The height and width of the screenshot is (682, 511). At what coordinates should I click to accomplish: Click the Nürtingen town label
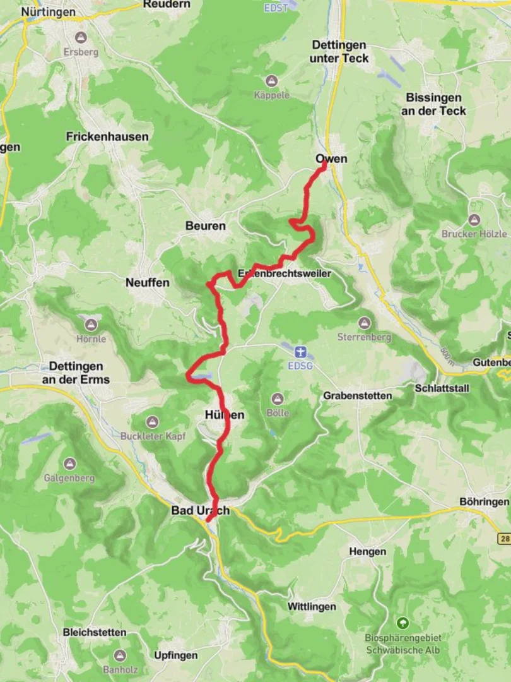pyautogui.click(x=48, y=12)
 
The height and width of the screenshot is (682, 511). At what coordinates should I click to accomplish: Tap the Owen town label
pyautogui.click(x=331, y=159)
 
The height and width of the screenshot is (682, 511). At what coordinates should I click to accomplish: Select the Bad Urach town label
pyautogui.click(x=200, y=510)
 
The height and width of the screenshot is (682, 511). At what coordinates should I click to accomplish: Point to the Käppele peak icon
pyautogui.click(x=273, y=81)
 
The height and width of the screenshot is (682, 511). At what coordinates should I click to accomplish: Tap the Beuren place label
pyautogui.click(x=205, y=225)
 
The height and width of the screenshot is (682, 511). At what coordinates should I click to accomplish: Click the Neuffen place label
pyautogui.click(x=147, y=282)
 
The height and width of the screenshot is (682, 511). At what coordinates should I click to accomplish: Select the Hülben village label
pyautogui.click(x=224, y=414)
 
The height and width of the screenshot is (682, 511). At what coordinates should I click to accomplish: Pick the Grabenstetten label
pyautogui.click(x=357, y=395)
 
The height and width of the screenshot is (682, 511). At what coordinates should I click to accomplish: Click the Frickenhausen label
pyautogui.click(x=107, y=136)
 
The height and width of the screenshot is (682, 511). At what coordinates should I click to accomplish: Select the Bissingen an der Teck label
pyautogui.click(x=434, y=104)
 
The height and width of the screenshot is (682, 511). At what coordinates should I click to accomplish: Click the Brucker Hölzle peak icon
pyautogui.click(x=474, y=219)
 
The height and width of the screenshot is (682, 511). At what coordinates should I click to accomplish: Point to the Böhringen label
pyautogui.click(x=484, y=501)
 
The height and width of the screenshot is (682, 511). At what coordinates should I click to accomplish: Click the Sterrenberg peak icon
pyautogui.click(x=363, y=323)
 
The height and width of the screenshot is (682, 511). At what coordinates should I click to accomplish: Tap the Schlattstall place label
pyautogui.click(x=442, y=388)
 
